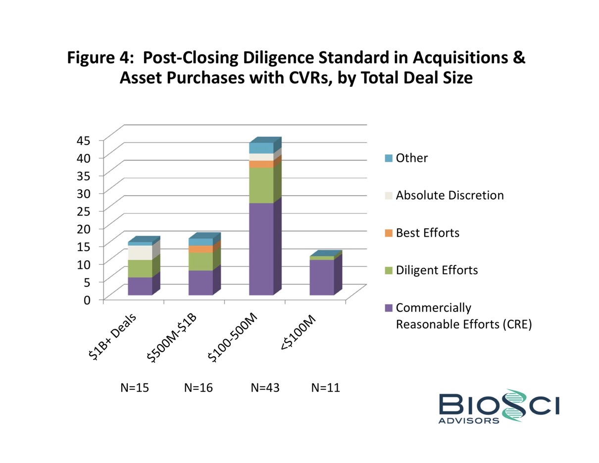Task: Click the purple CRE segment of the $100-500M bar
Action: point(261,249)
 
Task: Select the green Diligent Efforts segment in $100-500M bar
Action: point(261,185)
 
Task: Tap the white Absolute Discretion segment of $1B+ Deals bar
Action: point(140,253)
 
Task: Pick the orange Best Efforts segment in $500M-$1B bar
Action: point(200,249)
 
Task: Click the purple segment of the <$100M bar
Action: point(322,277)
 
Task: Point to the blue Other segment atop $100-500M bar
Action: point(261,148)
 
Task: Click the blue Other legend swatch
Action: point(389,158)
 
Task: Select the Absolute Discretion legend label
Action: point(449,195)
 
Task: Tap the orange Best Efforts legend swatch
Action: point(389,233)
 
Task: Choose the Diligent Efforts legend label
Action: point(437,270)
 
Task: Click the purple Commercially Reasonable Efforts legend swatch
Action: point(389,308)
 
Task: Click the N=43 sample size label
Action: point(265,388)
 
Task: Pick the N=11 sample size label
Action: point(325,388)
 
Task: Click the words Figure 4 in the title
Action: point(98,58)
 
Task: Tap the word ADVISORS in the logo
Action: point(469,420)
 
